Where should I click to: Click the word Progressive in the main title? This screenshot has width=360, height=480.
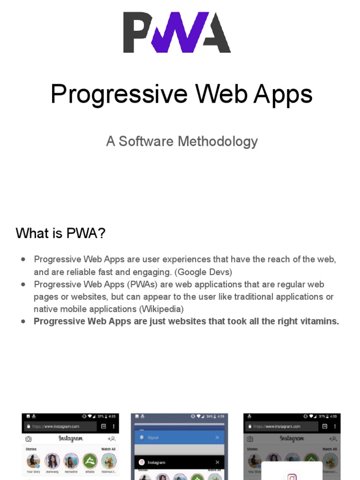click(119, 94)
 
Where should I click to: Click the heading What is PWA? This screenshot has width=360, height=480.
click(60, 233)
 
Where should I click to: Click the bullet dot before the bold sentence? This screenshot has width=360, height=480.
click(23, 322)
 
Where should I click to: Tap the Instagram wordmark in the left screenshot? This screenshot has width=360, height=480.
click(71, 439)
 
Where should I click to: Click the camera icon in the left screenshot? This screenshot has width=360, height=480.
click(29, 439)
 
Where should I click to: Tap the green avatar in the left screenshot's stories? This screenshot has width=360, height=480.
click(90, 461)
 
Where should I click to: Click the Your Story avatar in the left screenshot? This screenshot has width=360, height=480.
click(33, 461)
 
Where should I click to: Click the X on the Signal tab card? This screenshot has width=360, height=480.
click(217, 437)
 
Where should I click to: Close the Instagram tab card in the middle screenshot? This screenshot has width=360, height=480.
click(217, 462)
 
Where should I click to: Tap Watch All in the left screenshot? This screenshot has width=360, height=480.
click(108, 449)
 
